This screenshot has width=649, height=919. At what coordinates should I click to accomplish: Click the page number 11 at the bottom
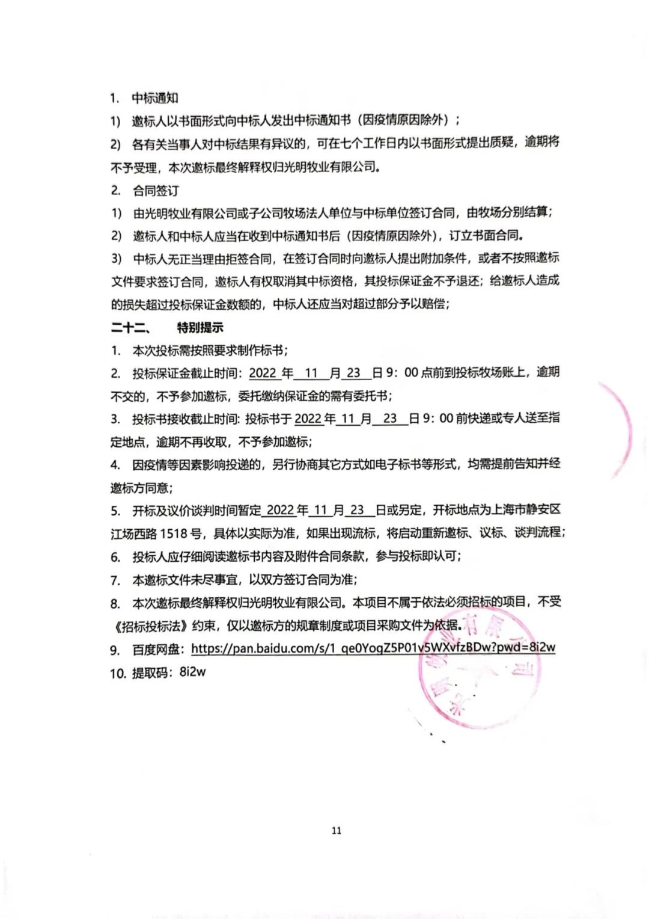pos(336,831)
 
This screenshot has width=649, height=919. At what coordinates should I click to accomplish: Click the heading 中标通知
pos(155,98)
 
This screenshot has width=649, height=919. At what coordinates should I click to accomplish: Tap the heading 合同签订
pos(156,191)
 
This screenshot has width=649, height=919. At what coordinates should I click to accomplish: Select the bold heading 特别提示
pos(200,328)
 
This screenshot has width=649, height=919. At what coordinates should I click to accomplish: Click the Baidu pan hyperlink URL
pos(373,648)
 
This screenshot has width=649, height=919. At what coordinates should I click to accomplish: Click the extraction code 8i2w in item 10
pos(192,672)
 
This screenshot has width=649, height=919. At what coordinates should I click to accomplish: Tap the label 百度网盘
pos(156,650)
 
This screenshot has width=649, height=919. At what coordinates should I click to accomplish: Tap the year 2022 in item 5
pos(280,510)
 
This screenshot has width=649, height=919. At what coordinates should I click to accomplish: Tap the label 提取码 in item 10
pos(150,673)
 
